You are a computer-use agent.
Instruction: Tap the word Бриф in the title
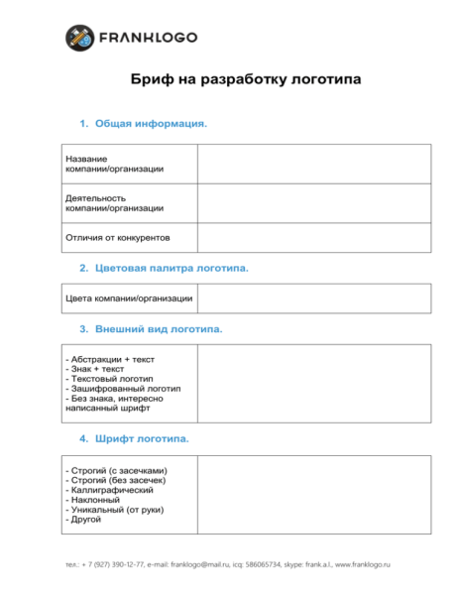152,78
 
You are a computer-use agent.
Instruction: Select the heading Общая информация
151,124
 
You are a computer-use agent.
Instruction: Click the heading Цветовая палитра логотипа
172,269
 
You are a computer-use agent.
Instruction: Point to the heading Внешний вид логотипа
159,329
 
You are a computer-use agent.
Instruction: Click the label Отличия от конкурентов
118,238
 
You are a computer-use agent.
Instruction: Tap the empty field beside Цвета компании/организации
313,298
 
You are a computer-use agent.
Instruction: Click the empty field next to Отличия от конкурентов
313,238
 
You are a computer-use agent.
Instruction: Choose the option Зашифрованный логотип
122,389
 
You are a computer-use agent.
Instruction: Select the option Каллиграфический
109,490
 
